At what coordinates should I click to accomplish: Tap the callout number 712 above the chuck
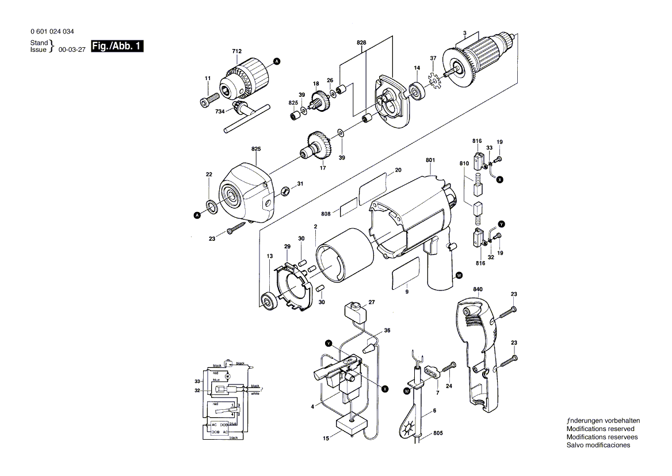point(236,52)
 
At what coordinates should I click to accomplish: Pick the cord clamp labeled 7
point(432,372)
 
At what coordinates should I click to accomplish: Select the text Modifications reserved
point(600,429)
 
